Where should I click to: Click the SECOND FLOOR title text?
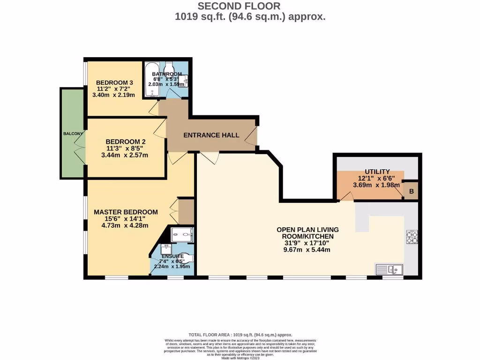(x=239, y=6)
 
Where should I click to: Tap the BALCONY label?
(x=73, y=134)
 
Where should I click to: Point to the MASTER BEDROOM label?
(x=126, y=212)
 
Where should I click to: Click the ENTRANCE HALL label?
(x=211, y=135)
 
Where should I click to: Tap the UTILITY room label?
(x=377, y=172)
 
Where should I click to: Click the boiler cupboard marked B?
(x=411, y=191)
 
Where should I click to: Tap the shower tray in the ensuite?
(x=181, y=234)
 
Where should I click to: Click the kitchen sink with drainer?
(x=389, y=269)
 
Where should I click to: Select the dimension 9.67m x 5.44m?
(x=307, y=250)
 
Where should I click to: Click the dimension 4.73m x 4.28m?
(x=126, y=225)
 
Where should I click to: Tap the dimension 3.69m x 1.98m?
(x=377, y=185)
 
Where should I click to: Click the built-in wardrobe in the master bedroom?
(x=186, y=211)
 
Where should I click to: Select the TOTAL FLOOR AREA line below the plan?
(x=240, y=335)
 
